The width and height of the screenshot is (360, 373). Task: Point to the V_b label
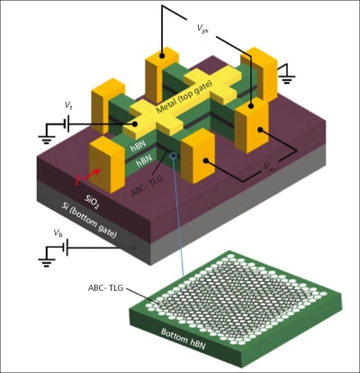(58, 232)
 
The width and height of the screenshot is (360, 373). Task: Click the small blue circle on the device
(173, 157)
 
